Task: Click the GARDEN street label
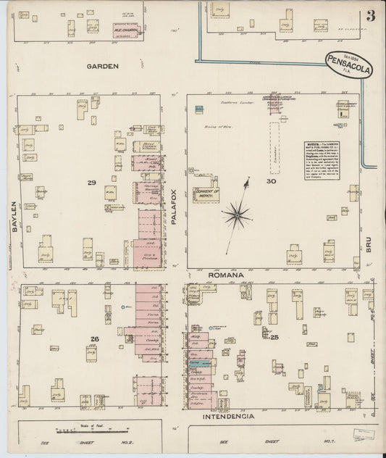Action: (x=102, y=66)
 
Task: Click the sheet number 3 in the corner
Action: (x=370, y=17)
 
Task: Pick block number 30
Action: (x=271, y=181)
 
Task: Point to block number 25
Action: (x=274, y=337)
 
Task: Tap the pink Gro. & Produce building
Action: (x=147, y=254)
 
